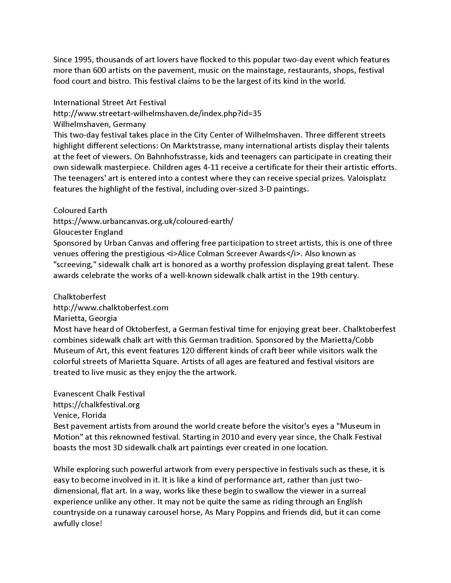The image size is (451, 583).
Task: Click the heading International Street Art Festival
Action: coord(110,103)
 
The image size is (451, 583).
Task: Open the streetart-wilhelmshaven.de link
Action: coord(157,113)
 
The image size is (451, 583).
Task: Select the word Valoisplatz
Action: coord(367,178)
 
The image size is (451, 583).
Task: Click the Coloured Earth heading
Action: coord(80,210)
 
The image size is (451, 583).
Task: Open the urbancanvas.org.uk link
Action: coord(143,221)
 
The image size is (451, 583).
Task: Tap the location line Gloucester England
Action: coord(88,232)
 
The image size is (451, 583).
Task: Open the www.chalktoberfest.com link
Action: coord(111,307)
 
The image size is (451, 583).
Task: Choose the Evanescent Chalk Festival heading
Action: coord(99,394)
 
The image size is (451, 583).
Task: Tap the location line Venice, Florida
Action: coord(80,415)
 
